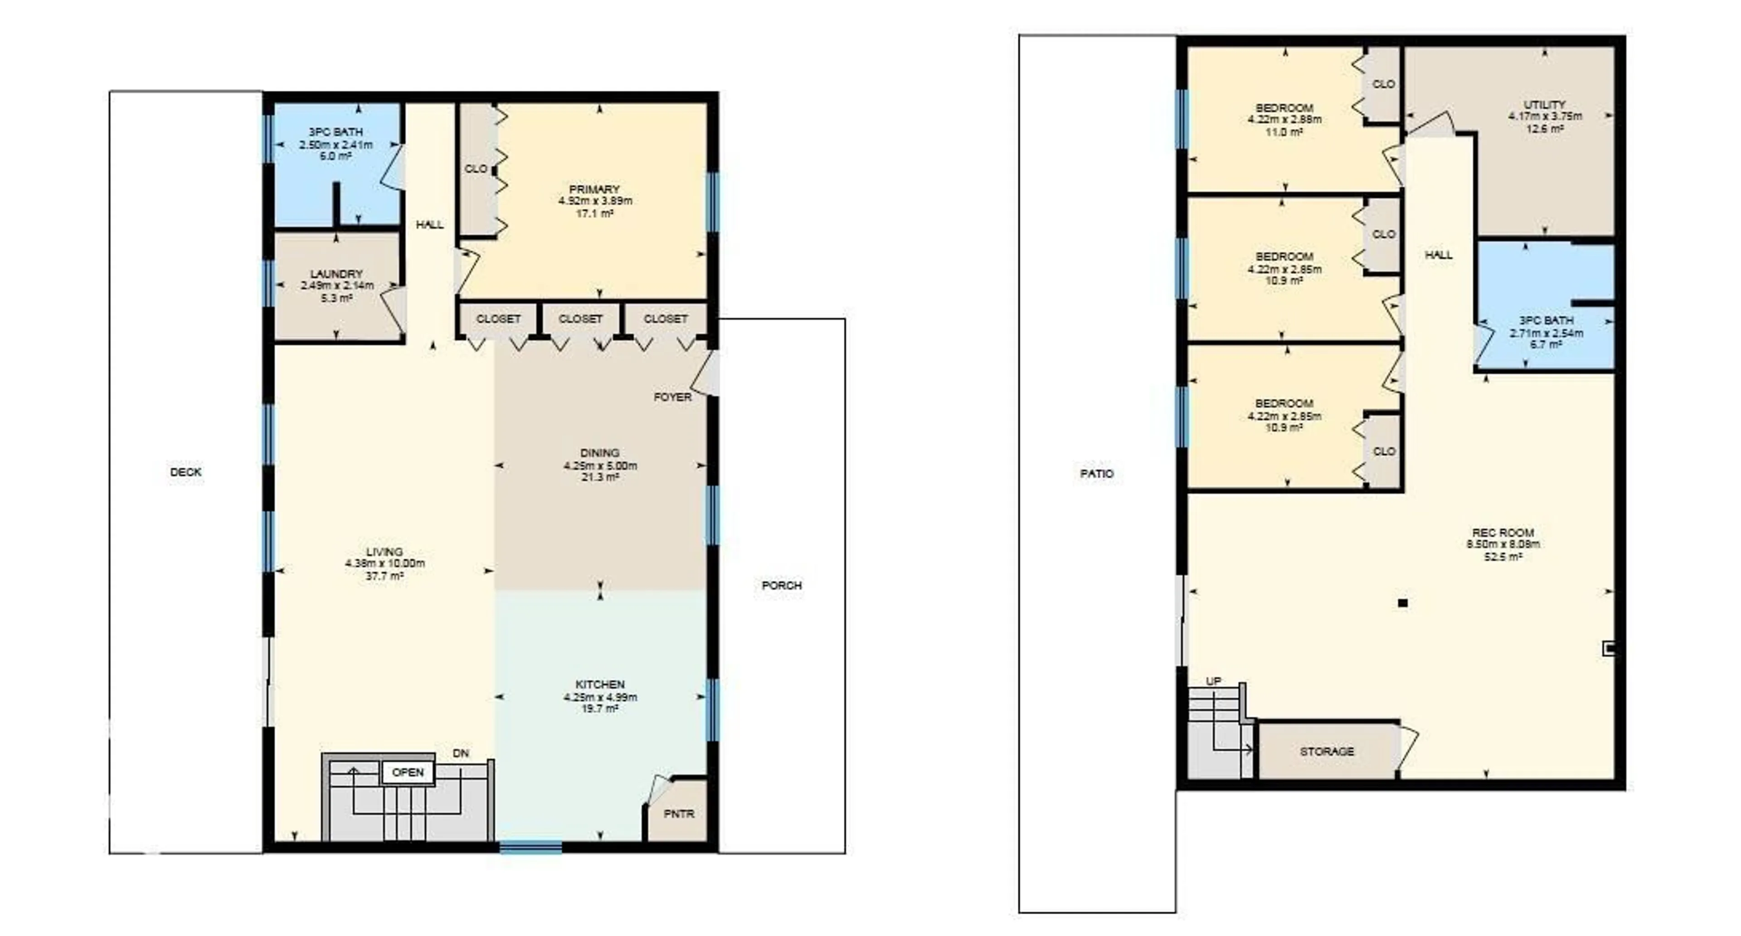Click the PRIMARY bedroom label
click(x=594, y=189)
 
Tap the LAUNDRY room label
click(x=336, y=273)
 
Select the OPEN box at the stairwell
click(x=408, y=772)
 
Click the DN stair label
click(x=460, y=753)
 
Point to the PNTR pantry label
click(x=679, y=813)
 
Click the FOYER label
click(x=672, y=397)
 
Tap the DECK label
click(x=186, y=471)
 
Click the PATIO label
click(x=1096, y=473)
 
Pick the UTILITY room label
click(x=1544, y=104)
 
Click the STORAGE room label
click(x=1327, y=751)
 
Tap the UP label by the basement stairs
click(x=1214, y=681)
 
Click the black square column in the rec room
click(x=1402, y=603)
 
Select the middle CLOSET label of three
click(x=580, y=318)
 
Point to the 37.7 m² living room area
click(x=384, y=576)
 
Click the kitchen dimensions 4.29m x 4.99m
click(x=600, y=696)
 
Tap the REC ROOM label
click(x=1503, y=532)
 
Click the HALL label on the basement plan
click(x=1438, y=255)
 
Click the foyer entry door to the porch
click(x=706, y=374)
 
